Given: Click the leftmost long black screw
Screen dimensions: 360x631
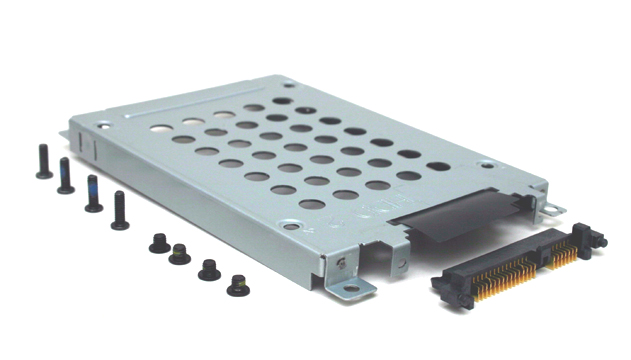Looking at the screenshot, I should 44,159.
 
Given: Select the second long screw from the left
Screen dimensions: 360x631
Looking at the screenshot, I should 66,175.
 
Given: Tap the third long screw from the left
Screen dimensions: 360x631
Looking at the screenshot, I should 93,194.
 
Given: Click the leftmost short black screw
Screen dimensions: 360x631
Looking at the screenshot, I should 158,243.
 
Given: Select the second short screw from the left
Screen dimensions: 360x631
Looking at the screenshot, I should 180,254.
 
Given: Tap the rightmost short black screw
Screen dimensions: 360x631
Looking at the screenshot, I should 238,286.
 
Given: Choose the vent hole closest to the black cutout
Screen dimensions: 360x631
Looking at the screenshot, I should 407,176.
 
